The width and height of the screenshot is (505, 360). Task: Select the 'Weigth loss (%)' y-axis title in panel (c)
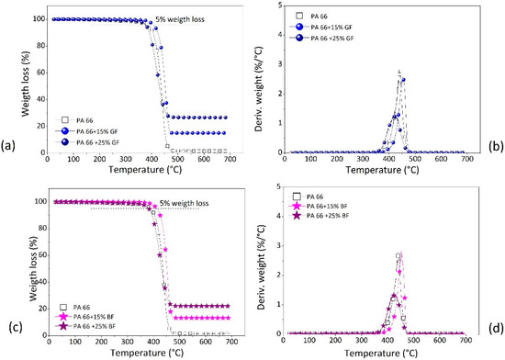(x=11, y=264)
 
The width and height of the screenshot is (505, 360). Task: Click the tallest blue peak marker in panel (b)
(x=403, y=80)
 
